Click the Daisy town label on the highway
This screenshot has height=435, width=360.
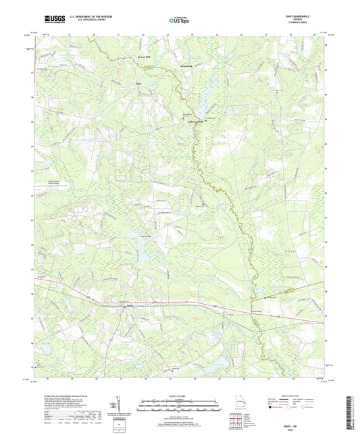coord(130,306)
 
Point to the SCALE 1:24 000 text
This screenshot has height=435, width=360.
coord(179,396)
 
